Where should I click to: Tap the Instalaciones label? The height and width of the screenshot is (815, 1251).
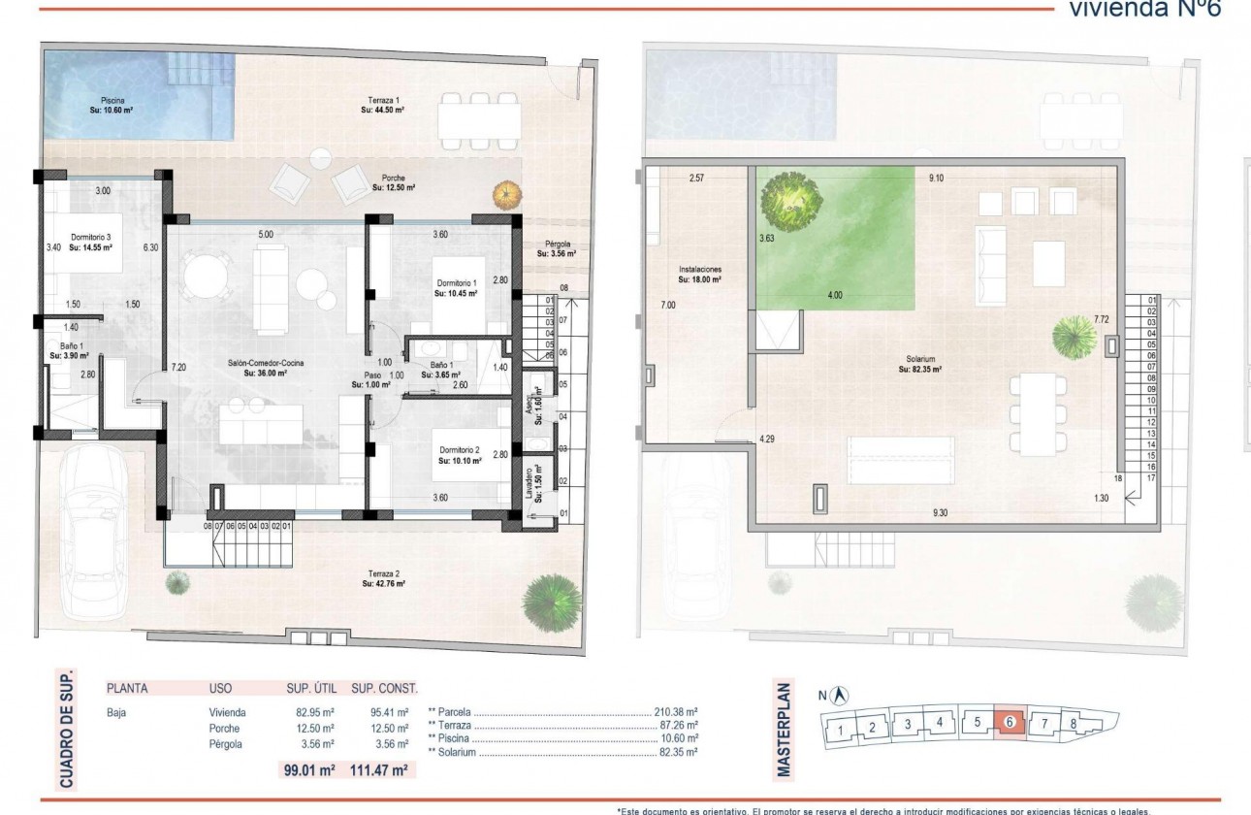click(x=699, y=275)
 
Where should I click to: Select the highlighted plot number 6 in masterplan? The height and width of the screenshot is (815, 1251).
click(x=1010, y=723)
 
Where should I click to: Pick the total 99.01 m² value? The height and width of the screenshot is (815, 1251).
click(x=308, y=770)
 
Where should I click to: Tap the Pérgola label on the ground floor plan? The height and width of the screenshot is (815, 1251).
click(x=557, y=249)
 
